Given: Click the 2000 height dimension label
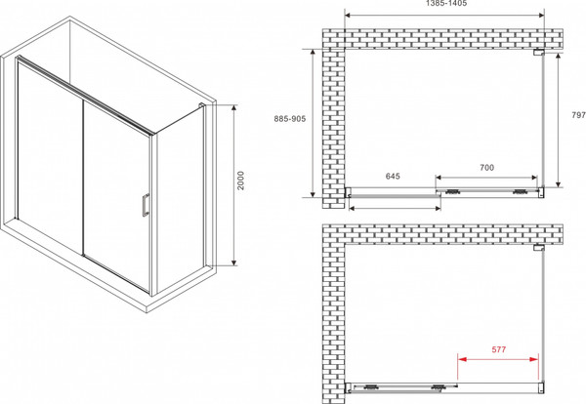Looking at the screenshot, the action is (240, 181).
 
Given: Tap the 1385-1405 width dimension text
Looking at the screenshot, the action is (446, 3).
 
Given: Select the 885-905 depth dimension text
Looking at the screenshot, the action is (290, 119).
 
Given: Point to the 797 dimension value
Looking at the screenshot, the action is (578, 115).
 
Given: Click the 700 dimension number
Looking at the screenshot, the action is (486, 168).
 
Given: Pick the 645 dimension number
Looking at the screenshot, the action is (393, 176).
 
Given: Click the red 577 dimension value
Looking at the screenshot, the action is (498, 349).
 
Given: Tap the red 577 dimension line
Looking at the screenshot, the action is (498, 359).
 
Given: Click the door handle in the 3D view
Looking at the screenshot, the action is (146, 205).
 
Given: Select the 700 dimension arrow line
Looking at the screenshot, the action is (486, 178).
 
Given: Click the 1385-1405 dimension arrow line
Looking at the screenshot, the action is (444, 16).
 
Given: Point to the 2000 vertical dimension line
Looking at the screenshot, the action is (234, 185).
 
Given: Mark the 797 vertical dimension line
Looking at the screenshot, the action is (559, 120).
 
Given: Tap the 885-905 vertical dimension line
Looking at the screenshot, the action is (314, 123).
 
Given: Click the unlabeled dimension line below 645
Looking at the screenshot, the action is (395, 208).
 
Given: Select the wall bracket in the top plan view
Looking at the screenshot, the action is (538, 53).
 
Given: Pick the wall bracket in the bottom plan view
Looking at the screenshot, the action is (538, 248).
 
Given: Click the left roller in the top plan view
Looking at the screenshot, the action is (452, 192).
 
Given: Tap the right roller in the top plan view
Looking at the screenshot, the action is (521, 192).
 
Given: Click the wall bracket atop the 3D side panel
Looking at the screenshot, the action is (201, 105).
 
